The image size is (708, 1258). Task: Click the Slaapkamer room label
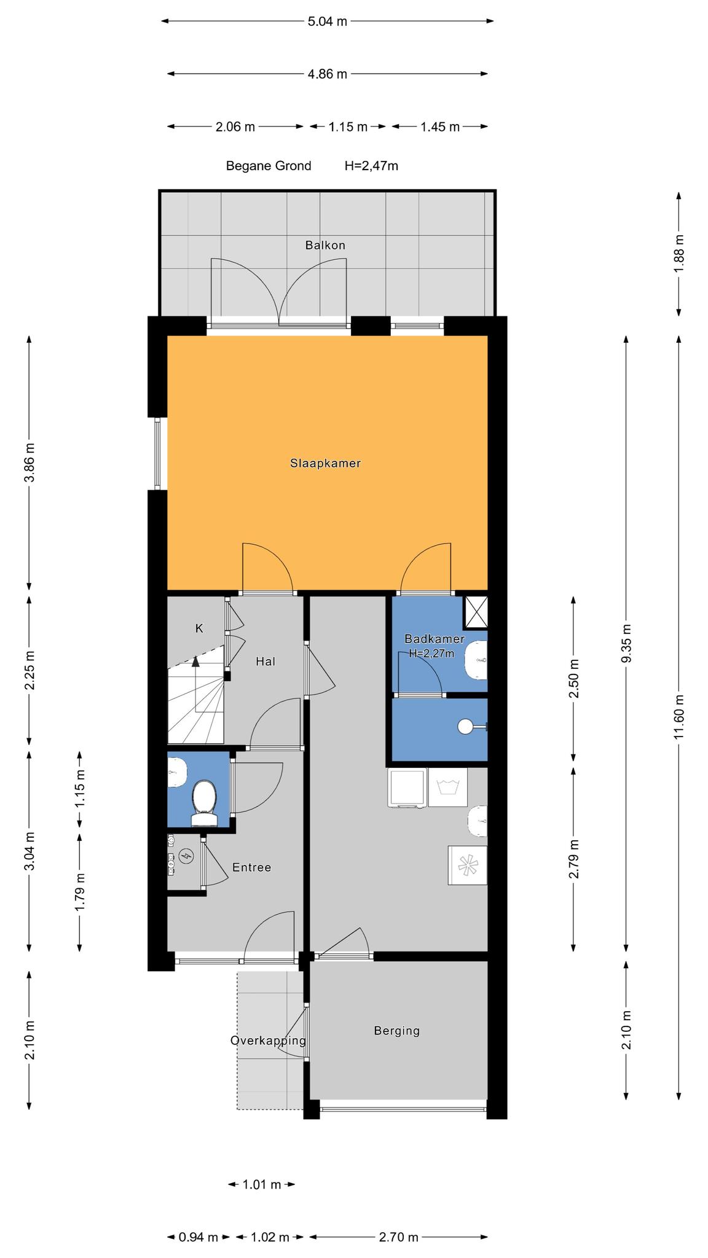pyautogui.click(x=325, y=463)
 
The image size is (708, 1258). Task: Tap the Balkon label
pyautogui.click(x=325, y=245)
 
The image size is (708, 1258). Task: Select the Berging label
pyautogui.click(x=397, y=1031)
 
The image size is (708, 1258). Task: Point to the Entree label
pyautogui.click(x=251, y=867)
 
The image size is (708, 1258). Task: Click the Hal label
pyautogui.click(x=265, y=662)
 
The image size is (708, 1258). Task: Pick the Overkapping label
pyautogui.click(x=268, y=1041)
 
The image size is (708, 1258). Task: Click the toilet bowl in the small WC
pyautogui.click(x=203, y=799)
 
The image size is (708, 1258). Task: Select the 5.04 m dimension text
pyautogui.click(x=327, y=21)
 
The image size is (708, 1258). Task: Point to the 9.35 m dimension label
pyautogui.click(x=626, y=643)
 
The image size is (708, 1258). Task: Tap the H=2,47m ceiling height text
pyautogui.click(x=371, y=166)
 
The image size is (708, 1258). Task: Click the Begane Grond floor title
pyautogui.click(x=269, y=166)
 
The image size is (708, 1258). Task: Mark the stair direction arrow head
pyautogui.click(x=195, y=661)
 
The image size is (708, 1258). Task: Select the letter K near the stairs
pyautogui.click(x=199, y=628)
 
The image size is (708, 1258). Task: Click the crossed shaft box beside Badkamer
pyautogui.click(x=476, y=612)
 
